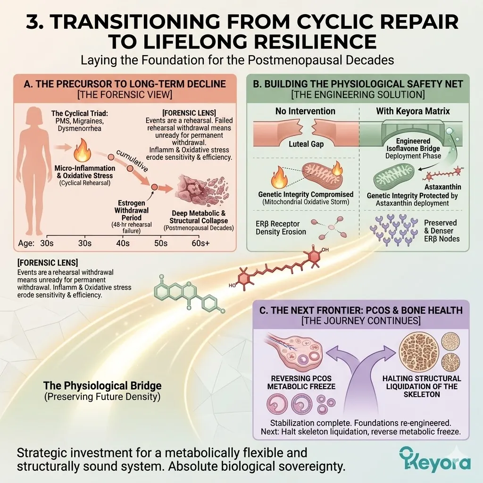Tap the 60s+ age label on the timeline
200,243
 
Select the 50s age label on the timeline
161,243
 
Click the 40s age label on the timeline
123,243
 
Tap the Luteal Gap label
306,144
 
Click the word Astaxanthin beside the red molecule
442,187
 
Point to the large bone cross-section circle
419,351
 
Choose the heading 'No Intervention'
305,111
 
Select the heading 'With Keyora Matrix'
413,111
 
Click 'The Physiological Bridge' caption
102,386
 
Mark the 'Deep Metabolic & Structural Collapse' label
199,217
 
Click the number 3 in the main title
33,22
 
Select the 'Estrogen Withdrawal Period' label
132,211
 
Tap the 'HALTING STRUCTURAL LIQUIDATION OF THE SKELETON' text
422,386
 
